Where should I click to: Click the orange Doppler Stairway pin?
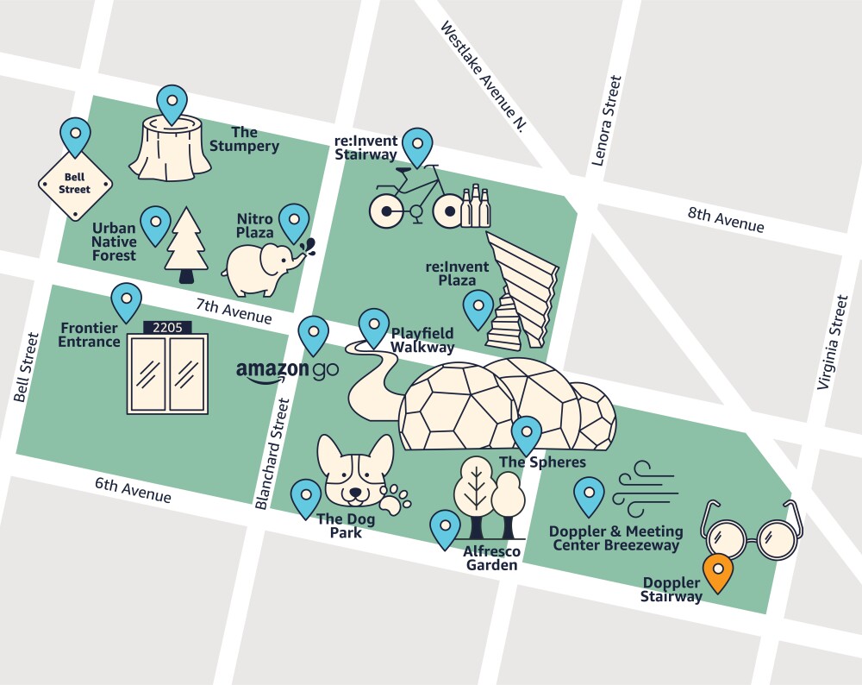[x=717, y=573]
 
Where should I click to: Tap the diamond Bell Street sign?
[x=75, y=184]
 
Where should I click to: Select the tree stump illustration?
[x=170, y=150]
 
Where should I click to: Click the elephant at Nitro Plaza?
[x=263, y=268]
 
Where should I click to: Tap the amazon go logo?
[x=287, y=371]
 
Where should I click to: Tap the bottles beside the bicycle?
[x=475, y=207]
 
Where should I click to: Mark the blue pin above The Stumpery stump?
[x=172, y=102]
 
